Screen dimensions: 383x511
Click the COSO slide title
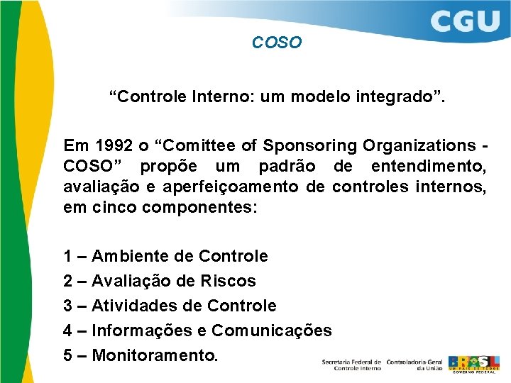[x=277, y=43]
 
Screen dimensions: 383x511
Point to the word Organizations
[x=416, y=145]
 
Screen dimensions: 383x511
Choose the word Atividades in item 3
[x=133, y=306]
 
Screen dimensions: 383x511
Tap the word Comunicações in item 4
[x=272, y=331]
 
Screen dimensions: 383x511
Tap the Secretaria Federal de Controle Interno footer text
[x=351, y=364]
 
